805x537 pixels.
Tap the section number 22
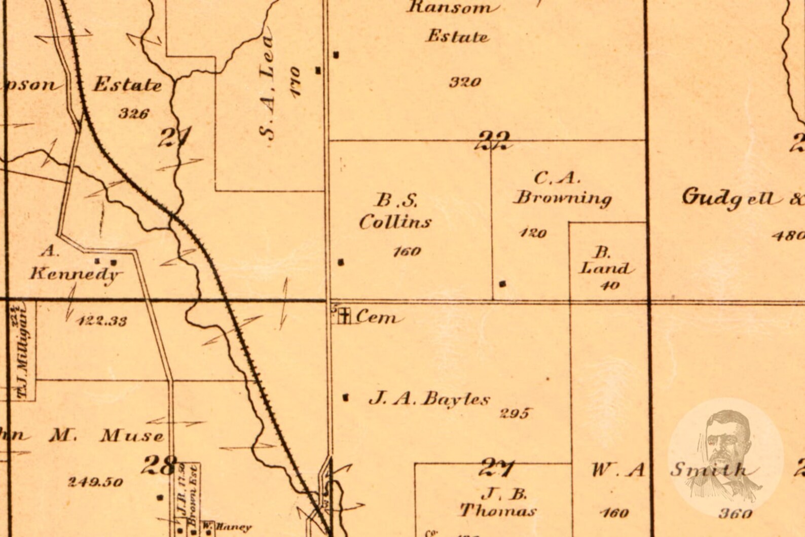pos(494,140)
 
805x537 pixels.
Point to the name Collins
pos(395,222)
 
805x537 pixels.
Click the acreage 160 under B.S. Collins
pos(407,251)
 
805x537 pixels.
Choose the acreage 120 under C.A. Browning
pos(533,233)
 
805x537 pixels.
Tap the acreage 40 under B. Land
pos(609,285)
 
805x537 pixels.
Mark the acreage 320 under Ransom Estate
pos(465,82)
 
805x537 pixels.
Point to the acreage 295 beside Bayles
pos(514,413)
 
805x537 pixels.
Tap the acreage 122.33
pos(103,320)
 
